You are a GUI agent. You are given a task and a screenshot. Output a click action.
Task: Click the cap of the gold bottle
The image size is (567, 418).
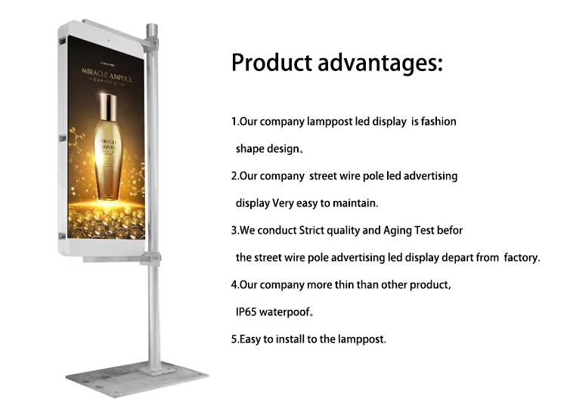(107, 103)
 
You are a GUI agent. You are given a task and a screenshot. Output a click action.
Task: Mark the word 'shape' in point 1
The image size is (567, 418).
(249, 149)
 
